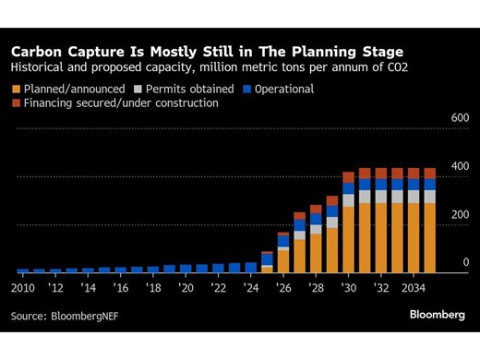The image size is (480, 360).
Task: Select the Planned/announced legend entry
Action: click(66, 89)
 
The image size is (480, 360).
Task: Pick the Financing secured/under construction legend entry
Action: click(115, 103)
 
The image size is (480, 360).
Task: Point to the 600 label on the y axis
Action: click(460, 119)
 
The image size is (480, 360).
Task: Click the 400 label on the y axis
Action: click(460, 166)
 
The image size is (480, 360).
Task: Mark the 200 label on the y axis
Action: click(460, 214)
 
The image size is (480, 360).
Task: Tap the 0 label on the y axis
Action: click(465, 262)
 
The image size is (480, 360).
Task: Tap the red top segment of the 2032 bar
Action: click(380, 173)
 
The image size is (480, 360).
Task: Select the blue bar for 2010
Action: click(23, 270)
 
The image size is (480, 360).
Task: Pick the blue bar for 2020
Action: click(186, 269)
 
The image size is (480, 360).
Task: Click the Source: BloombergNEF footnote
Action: click(65, 316)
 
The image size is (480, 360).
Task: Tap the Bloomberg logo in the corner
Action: click(437, 315)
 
